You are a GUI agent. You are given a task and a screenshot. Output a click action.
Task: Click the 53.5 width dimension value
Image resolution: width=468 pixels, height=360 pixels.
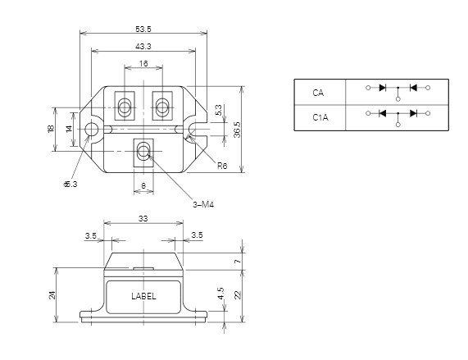click(143, 29)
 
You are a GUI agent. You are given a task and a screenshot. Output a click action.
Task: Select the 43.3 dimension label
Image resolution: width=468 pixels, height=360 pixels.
click(143, 47)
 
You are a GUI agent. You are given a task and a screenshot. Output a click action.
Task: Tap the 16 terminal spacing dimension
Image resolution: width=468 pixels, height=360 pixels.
click(143, 63)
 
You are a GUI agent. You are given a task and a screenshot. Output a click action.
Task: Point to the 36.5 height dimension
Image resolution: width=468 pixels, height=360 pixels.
click(237, 129)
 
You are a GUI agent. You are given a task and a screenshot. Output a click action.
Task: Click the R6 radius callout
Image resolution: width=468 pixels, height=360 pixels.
click(222, 166)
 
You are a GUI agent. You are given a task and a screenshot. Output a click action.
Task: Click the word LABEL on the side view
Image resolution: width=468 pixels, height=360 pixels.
click(143, 296)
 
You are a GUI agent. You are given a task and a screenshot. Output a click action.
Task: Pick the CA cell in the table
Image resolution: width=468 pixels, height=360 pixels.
click(319, 92)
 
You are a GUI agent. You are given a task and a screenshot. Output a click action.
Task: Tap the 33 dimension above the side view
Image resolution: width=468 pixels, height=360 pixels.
click(143, 219)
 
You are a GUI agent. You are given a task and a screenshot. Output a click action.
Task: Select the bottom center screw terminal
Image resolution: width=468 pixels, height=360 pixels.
click(143, 151)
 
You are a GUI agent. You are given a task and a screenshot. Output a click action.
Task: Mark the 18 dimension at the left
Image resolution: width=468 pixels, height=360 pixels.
click(51, 129)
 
